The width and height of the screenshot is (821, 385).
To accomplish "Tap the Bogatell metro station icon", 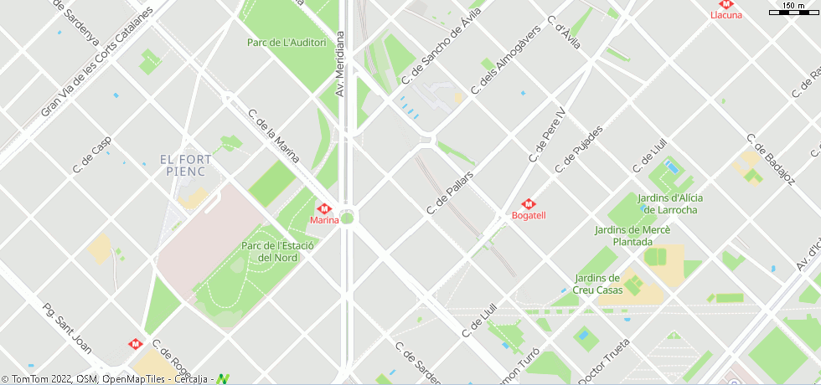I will [529, 203].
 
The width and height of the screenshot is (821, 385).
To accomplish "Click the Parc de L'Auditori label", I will [287, 43].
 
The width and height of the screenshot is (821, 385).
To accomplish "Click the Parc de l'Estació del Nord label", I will [276, 252].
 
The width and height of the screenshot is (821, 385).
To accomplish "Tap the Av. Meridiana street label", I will [341, 64].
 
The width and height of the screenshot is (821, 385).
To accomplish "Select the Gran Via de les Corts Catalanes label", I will [97, 63].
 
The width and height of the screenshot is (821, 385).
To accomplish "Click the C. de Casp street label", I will [92, 156].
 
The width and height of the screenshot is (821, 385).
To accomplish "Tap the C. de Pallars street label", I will [451, 191].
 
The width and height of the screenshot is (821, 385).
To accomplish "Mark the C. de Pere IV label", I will [547, 135].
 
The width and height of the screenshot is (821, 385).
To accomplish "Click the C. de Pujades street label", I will [579, 151].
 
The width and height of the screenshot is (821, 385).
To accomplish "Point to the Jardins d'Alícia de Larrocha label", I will [670, 203].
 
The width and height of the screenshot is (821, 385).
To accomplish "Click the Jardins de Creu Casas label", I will [598, 284].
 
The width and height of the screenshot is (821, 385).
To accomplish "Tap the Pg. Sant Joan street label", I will [67, 328].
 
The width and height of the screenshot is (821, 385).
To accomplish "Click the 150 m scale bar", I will [793, 8].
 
